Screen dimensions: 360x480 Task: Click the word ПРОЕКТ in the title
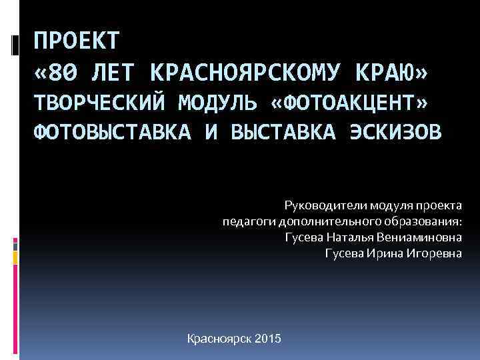click(77, 41)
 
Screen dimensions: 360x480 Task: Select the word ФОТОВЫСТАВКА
click(112, 132)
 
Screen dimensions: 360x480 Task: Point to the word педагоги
click(251, 221)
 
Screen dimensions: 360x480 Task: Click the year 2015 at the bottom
click(268, 339)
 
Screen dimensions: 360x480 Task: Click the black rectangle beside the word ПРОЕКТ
click(15, 45)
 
